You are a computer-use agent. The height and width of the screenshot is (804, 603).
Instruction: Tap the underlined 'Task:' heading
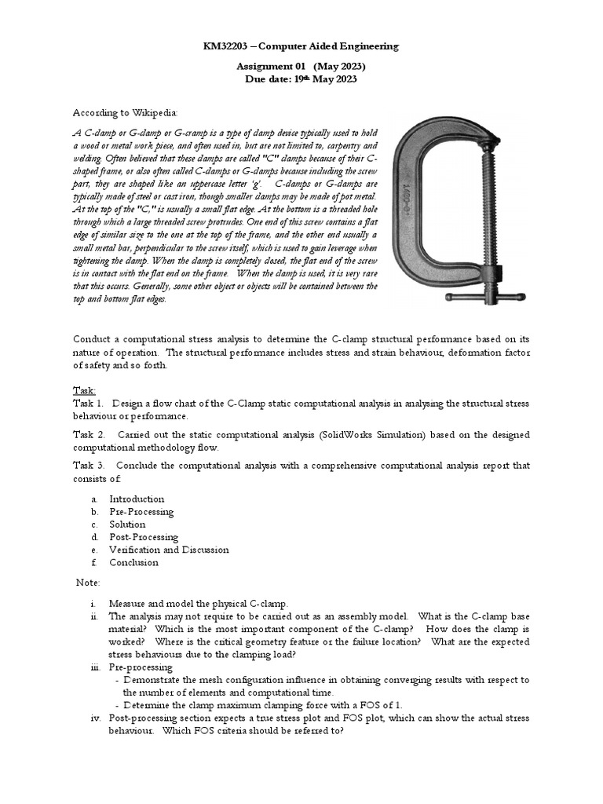click(84, 389)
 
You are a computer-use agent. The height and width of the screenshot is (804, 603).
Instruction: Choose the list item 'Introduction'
click(137, 499)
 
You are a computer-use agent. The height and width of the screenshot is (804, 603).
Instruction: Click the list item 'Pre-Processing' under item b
click(141, 511)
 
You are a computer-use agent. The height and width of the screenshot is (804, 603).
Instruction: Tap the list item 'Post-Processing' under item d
click(144, 537)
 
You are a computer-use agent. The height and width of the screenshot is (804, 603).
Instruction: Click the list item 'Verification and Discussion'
click(169, 550)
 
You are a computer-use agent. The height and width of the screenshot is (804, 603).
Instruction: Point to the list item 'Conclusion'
click(133, 562)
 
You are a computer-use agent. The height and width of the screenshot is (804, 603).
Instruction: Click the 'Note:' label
click(89, 582)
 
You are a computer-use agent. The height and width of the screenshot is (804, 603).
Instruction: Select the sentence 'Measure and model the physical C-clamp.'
click(199, 603)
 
